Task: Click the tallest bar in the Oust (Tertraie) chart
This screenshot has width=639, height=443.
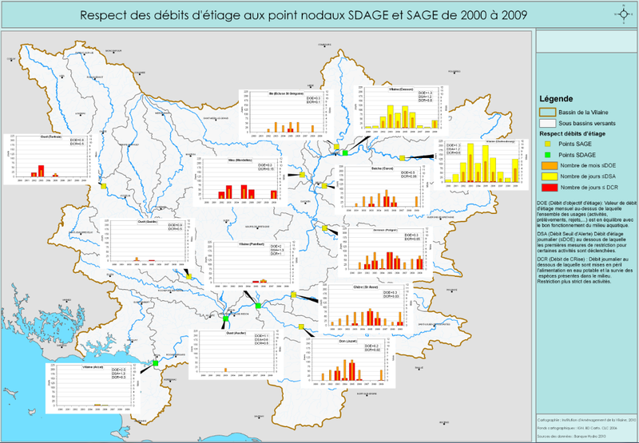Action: pos(41,170)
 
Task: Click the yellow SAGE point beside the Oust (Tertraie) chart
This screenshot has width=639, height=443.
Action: pos(103,187)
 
